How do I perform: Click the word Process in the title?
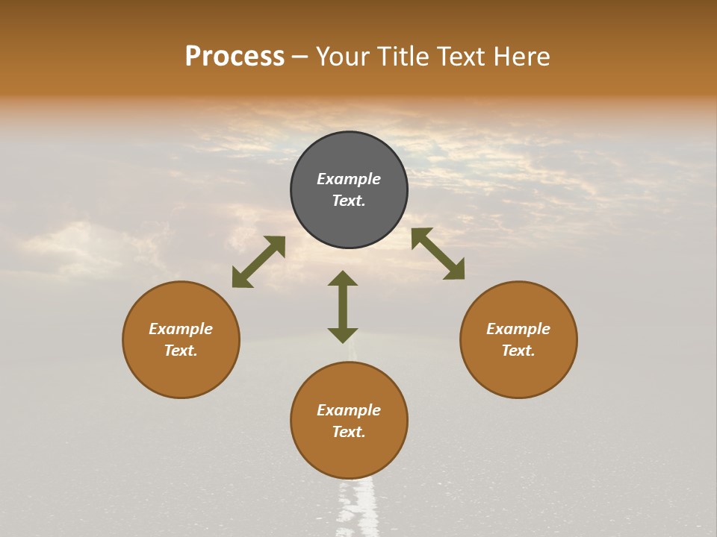pos(235,57)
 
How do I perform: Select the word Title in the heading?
pos(400,57)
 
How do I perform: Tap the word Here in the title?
pos(520,57)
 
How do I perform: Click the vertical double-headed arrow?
pos(343,307)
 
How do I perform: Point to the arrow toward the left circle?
pos(258,261)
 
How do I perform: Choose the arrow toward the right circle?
pos(438,254)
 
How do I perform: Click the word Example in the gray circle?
pos(349,179)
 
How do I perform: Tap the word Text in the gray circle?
pos(349,201)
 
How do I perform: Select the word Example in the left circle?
pos(181,329)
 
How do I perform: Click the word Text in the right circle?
pos(518,351)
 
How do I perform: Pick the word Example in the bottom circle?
pos(349,410)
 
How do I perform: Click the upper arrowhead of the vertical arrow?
pos(343,279)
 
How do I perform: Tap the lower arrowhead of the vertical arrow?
pos(343,335)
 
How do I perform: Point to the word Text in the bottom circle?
pos(349,432)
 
